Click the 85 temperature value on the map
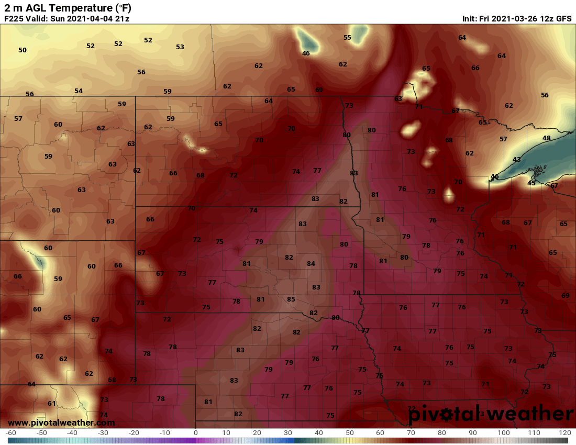pyautogui.click(x=291, y=299)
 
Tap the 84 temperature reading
pyautogui.click(x=311, y=263)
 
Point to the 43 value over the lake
pyautogui.click(x=517, y=160)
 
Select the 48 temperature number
pyautogui.click(x=547, y=138)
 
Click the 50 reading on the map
pyautogui.click(x=23, y=50)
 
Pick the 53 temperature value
pyautogui.click(x=180, y=47)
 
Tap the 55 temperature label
pyautogui.click(x=347, y=38)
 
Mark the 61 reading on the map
pyautogui.click(x=52, y=404)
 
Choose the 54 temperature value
pyautogui.click(x=79, y=91)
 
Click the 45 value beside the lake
pyautogui.click(x=531, y=183)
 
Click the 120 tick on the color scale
pyautogui.click(x=564, y=433)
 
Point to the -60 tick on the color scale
pyautogui.click(x=10, y=433)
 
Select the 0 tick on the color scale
pyautogui.click(x=196, y=433)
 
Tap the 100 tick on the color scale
pyautogui.click(x=503, y=433)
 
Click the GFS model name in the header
pyautogui.click(x=563, y=19)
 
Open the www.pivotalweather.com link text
pyautogui.click(x=61, y=422)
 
